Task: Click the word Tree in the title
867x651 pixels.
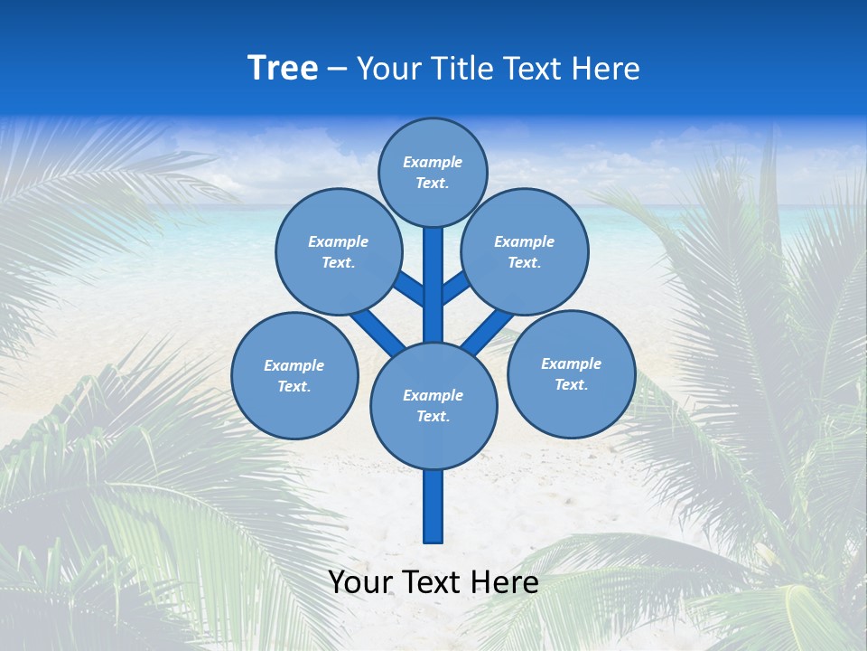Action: click(283, 69)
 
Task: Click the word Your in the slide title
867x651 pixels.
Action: click(388, 69)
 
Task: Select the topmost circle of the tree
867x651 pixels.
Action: click(433, 172)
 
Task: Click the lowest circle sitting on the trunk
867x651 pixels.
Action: click(433, 406)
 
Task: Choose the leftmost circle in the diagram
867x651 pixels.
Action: click(294, 376)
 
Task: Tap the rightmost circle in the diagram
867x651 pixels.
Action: click(571, 374)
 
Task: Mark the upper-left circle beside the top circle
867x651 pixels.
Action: click(339, 251)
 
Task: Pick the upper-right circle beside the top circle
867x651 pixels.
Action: click(525, 251)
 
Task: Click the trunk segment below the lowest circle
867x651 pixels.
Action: click(433, 506)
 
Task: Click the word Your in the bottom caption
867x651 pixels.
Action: click(360, 582)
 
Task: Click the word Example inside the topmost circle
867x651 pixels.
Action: click(433, 163)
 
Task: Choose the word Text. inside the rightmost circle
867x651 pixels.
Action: click(571, 385)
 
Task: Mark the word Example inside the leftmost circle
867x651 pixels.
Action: click(294, 366)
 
